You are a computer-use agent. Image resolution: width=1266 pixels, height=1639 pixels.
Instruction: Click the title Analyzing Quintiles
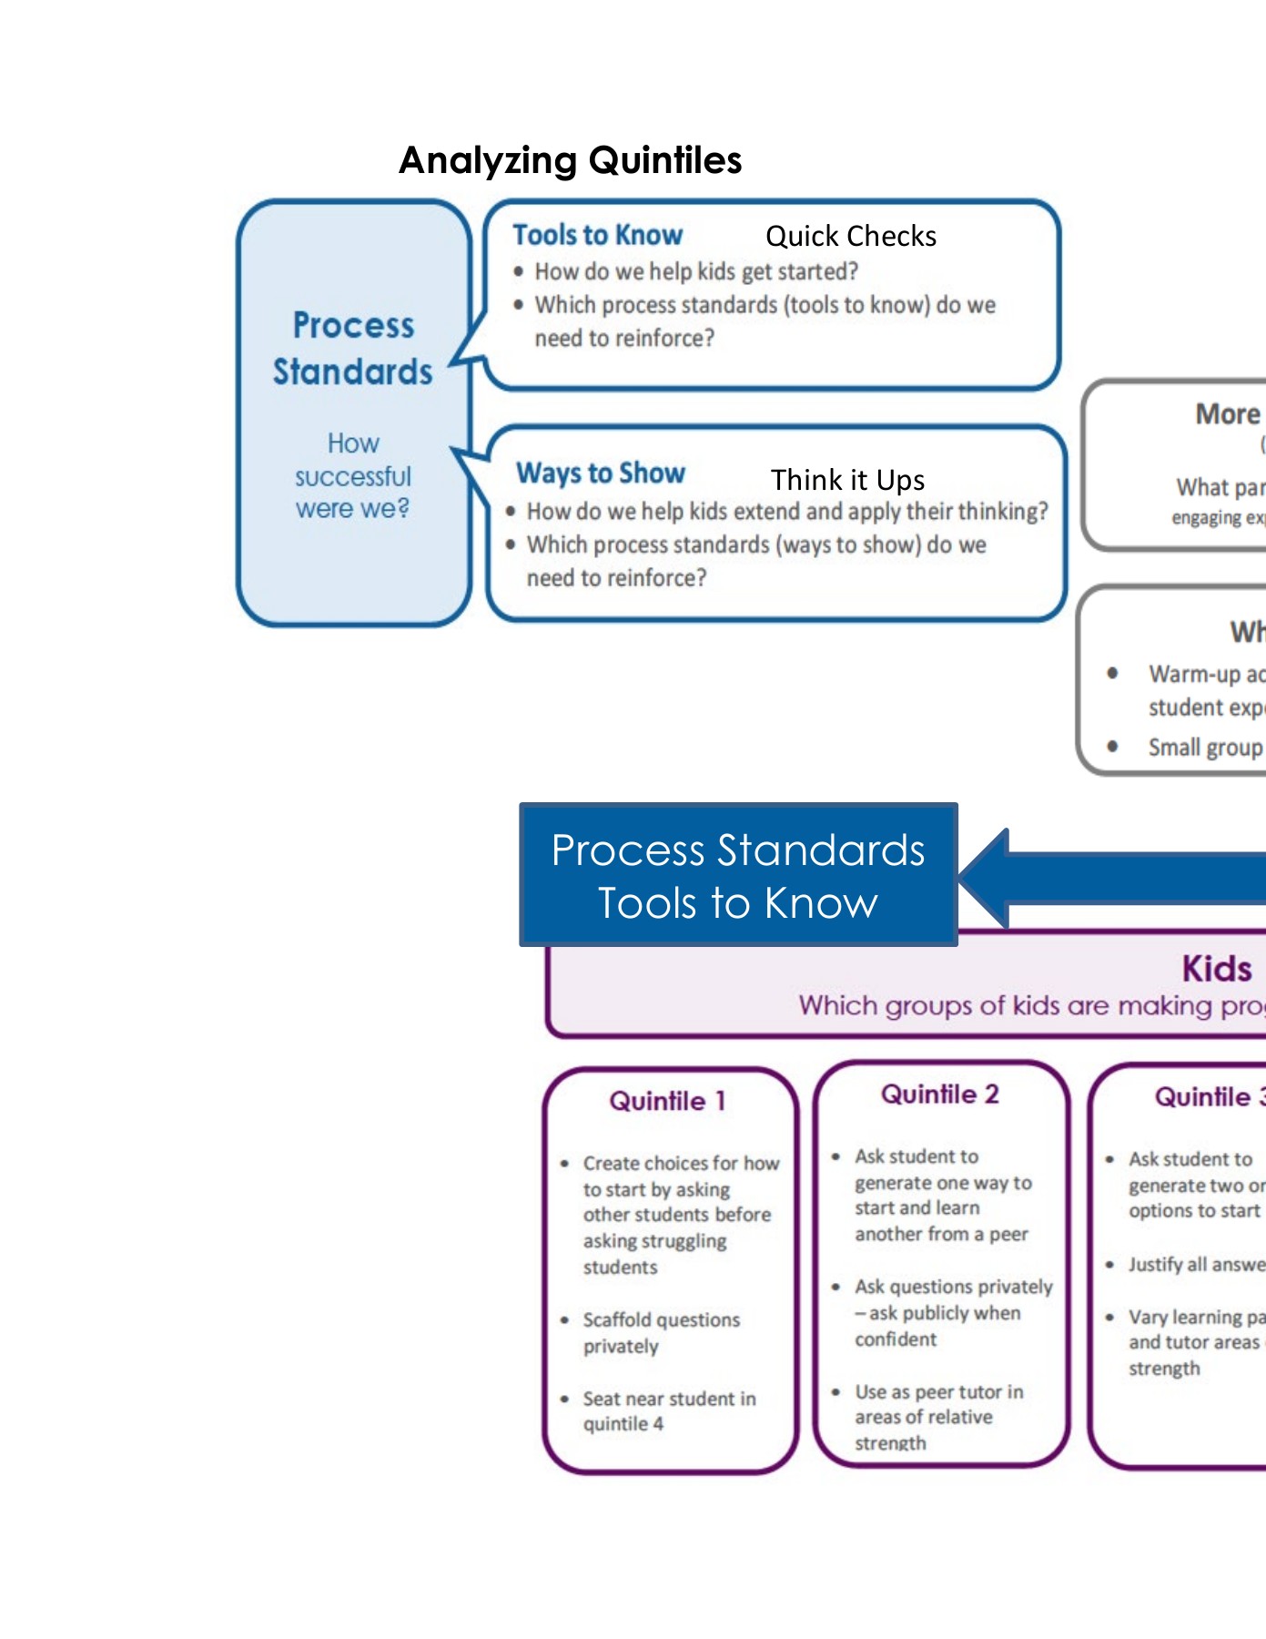click(570, 160)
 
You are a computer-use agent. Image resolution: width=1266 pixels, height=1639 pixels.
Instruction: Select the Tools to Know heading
click(597, 235)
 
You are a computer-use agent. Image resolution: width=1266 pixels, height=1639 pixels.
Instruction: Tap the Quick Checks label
click(850, 237)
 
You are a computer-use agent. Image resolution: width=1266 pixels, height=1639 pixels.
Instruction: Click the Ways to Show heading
click(600, 473)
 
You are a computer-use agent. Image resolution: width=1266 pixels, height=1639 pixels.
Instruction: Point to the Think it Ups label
click(847, 480)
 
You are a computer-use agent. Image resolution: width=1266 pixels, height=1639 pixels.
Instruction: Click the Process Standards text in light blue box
click(353, 349)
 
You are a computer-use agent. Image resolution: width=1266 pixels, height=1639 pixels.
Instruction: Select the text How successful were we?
click(353, 476)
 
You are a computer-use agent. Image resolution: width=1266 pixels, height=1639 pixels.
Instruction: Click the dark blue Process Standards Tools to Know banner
click(737, 875)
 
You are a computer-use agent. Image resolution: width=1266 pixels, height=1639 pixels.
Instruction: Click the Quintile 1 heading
click(667, 1101)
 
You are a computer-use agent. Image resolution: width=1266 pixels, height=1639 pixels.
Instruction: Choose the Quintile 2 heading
click(939, 1094)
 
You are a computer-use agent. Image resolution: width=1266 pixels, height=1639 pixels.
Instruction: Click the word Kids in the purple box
click(1216, 969)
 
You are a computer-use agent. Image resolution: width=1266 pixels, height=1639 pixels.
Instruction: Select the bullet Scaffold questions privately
click(661, 1333)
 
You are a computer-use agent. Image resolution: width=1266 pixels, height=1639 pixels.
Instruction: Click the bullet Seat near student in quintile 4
click(669, 1411)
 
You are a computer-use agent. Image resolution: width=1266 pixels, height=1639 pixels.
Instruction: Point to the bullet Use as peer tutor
click(937, 1417)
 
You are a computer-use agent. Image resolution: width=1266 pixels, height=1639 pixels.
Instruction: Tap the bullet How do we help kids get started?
click(695, 271)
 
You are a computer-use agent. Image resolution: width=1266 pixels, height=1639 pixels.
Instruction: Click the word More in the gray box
click(1227, 414)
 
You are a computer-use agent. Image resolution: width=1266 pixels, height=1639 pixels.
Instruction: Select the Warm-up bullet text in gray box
click(1205, 690)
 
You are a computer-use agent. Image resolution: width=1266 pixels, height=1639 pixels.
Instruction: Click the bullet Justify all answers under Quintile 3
click(1195, 1265)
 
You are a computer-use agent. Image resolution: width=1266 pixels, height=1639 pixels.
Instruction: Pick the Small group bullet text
click(1204, 748)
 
